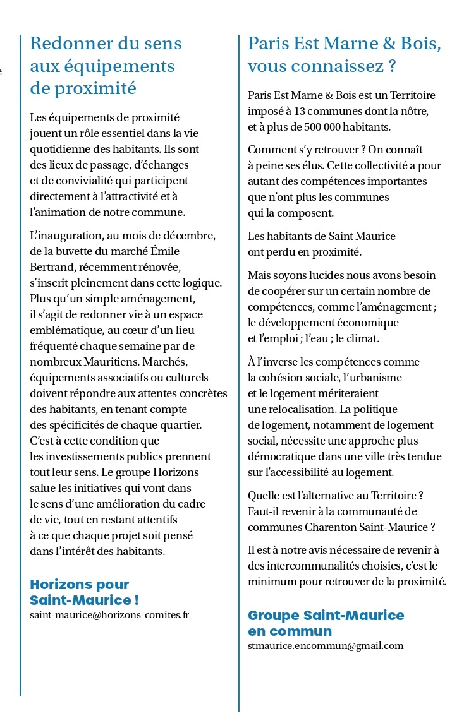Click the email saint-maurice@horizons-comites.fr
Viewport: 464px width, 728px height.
(x=109, y=614)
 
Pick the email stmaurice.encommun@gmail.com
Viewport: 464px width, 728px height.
(x=326, y=645)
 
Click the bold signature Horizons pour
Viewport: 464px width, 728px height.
(x=80, y=585)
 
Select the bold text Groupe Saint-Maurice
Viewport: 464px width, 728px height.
(x=326, y=615)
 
